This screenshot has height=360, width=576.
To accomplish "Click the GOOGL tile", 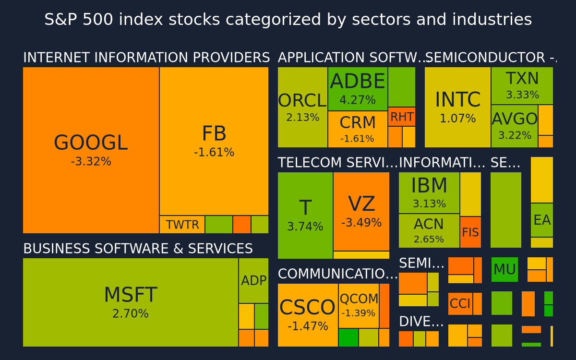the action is coord(91,150).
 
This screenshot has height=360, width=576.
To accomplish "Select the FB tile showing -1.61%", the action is coord(214,141).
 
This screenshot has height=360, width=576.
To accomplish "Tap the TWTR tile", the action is coord(182,225).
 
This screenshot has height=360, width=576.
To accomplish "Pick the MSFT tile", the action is coord(131,302).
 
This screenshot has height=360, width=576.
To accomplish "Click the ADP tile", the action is coord(253,280).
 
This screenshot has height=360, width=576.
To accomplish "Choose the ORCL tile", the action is coord(303,107).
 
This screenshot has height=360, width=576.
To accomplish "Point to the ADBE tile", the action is coord(358,89).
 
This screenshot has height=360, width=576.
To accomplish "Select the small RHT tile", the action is coord(402,117).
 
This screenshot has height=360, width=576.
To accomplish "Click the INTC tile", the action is coord(458,107).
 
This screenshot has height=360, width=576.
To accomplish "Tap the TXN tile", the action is coord(522,85).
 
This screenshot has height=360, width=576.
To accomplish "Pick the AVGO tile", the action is coord(515,126).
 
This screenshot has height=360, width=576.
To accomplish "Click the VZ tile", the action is coord(361,211).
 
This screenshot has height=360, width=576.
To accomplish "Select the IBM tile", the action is coord(429,193).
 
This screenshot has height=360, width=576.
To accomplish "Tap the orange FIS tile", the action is coord(470,232).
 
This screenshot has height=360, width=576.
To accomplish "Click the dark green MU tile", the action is coord(504,269).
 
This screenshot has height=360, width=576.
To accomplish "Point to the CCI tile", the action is coord(460,304).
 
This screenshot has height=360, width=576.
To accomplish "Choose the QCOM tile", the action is coord(359,306).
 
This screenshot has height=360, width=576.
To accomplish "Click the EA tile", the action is coord(542,220).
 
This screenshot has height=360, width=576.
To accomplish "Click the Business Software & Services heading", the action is coord(138,249).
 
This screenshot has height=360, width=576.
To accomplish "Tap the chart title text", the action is coord(288,19).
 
